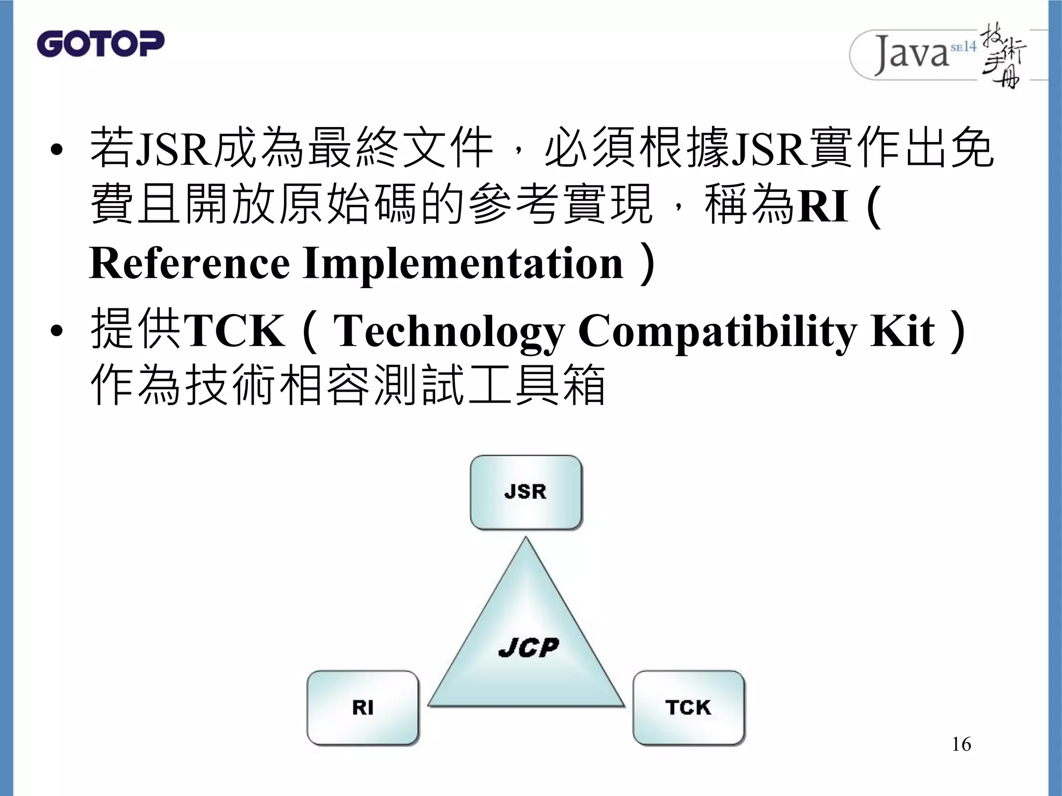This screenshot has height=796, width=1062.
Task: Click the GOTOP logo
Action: coord(101,44)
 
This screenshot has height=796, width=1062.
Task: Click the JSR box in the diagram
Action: coord(526,492)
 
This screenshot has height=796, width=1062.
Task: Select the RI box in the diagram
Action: coord(362,707)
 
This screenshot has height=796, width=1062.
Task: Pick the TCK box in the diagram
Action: coord(688,707)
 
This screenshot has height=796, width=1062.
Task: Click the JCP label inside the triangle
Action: coord(528,647)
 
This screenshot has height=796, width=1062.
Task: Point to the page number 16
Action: coord(961,745)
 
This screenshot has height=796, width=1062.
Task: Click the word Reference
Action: coord(189,263)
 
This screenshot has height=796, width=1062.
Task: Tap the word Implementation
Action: coord(463,263)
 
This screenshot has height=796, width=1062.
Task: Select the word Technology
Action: coord(449,332)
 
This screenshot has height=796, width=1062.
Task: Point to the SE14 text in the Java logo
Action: coord(963,47)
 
